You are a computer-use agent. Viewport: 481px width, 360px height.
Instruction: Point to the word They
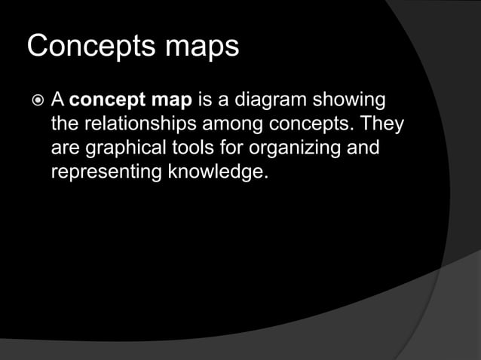[x=382, y=124]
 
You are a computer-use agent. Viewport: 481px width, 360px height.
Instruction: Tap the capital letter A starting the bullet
[x=57, y=100]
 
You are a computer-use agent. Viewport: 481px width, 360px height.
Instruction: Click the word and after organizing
[x=360, y=148]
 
